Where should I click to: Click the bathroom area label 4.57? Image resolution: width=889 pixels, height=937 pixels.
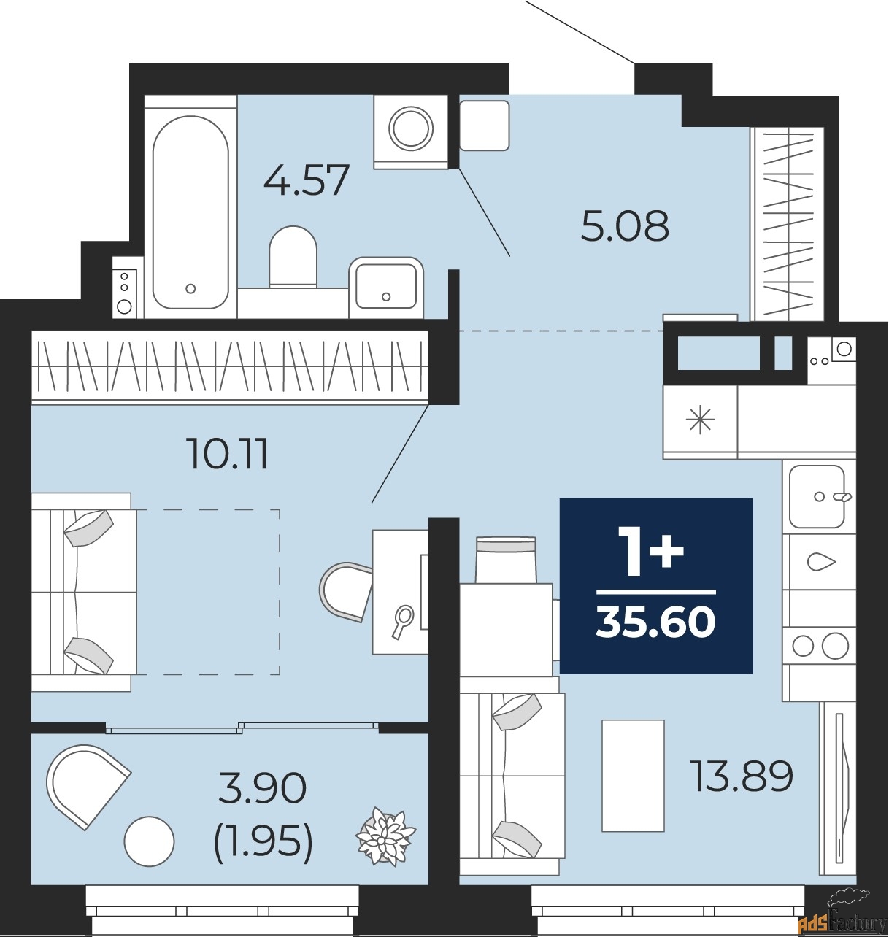coord(307,180)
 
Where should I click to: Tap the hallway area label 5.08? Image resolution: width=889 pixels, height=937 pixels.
coord(625,226)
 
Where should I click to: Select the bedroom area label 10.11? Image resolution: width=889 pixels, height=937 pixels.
coord(228,454)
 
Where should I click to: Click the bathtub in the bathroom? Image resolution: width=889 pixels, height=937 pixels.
coord(190,212)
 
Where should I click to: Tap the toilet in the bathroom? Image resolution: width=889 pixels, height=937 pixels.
coord(293,258)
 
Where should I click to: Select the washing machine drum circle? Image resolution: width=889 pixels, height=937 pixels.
coord(411,128)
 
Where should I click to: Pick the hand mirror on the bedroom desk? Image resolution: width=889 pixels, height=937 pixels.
coord(401,621)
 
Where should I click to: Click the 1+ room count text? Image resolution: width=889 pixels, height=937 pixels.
coord(650,552)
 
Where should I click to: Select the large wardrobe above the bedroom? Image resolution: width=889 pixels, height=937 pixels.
coord(229,365)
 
